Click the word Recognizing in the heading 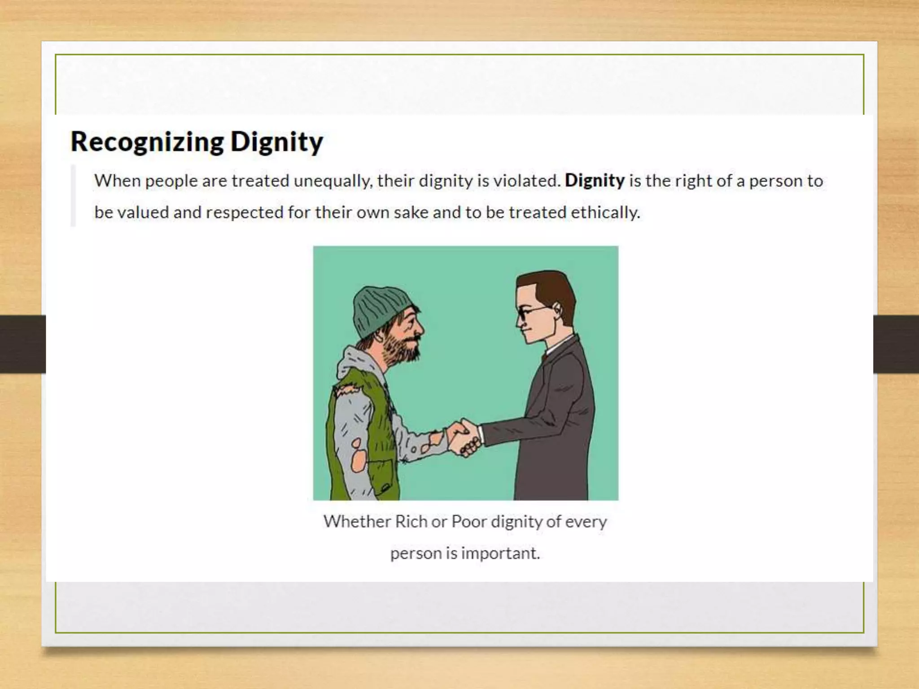tap(147, 142)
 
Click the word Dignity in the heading tap(276, 142)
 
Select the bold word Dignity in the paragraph tap(595, 181)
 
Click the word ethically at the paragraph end tap(605, 212)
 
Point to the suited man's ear tap(557, 308)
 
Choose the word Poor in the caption tap(468, 522)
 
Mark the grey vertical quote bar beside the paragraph tap(73, 196)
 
